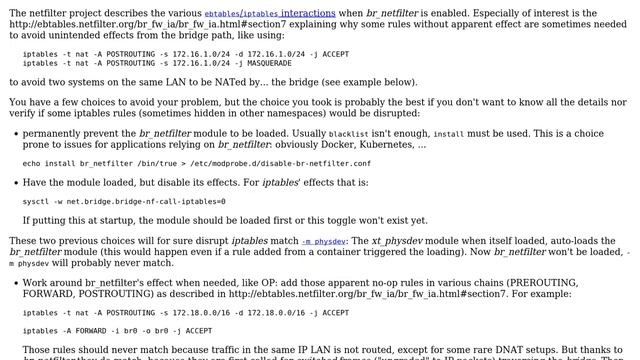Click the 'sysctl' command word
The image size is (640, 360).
tap(35, 200)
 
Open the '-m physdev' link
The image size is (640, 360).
tap(324, 241)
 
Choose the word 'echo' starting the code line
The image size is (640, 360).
tap(32, 163)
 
